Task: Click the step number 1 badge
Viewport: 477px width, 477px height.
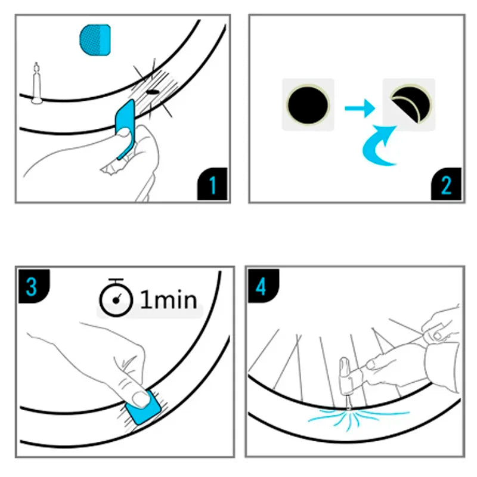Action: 212,185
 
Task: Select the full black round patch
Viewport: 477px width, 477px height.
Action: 308,105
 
